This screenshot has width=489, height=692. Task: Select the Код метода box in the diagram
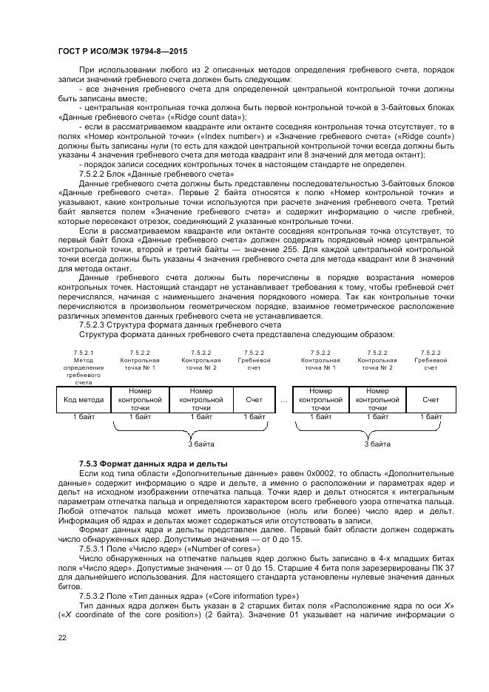[x=84, y=399]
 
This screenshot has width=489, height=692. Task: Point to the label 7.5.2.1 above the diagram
[x=84, y=353]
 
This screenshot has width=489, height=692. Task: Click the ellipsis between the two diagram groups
[x=284, y=400]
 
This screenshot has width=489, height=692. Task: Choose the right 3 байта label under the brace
[x=377, y=444]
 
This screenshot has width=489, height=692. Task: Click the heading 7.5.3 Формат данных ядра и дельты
[x=153, y=463]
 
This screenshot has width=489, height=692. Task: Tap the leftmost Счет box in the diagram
[x=254, y=400]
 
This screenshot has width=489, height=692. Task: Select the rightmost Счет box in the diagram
[x=431, y=400]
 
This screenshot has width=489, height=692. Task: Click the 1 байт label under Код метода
[x=84, y=417]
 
